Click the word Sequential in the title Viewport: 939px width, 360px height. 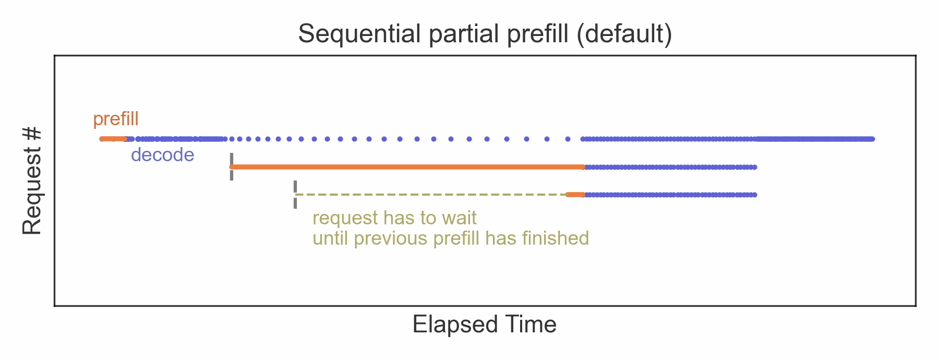point(359,34)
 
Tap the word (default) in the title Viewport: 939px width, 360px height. point(624,34)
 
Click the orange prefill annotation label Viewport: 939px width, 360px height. point(116,119)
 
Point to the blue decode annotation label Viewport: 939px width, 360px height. point(162,155)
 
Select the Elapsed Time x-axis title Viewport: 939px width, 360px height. point(485,325)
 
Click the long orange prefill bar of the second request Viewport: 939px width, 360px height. point(407,167)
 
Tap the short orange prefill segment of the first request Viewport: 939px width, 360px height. point(113,139)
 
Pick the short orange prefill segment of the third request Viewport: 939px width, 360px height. point(575,195)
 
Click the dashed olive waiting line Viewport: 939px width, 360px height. point(431,195)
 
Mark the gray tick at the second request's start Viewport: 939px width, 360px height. point(232,167)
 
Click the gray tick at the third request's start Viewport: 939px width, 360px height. point(295,195)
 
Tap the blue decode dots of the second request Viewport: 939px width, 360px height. point(670,167)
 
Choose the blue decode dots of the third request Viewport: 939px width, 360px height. point(670,195)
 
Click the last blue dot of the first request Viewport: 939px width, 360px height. point(872,139)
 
